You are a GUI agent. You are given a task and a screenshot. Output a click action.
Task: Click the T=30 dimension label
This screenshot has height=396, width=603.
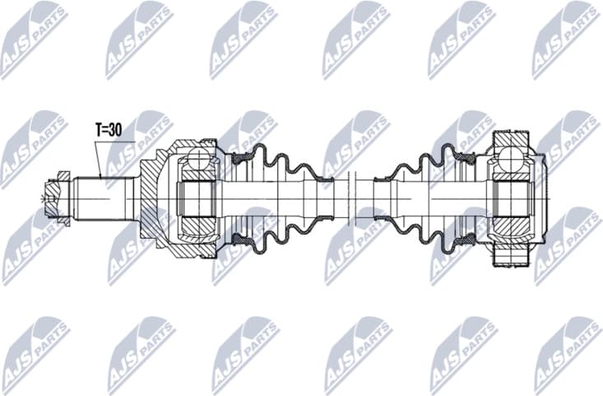click(110, 130)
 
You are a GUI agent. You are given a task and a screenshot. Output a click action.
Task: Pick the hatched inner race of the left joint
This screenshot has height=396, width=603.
click(197, 198)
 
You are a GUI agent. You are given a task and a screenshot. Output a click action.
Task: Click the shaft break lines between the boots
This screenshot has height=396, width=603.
click(351, 198)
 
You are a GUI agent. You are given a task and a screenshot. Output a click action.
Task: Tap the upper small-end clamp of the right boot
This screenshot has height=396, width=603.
click(383, 175)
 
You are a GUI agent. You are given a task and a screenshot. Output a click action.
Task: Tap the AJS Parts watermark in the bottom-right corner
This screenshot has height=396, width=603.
click(567, 355)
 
